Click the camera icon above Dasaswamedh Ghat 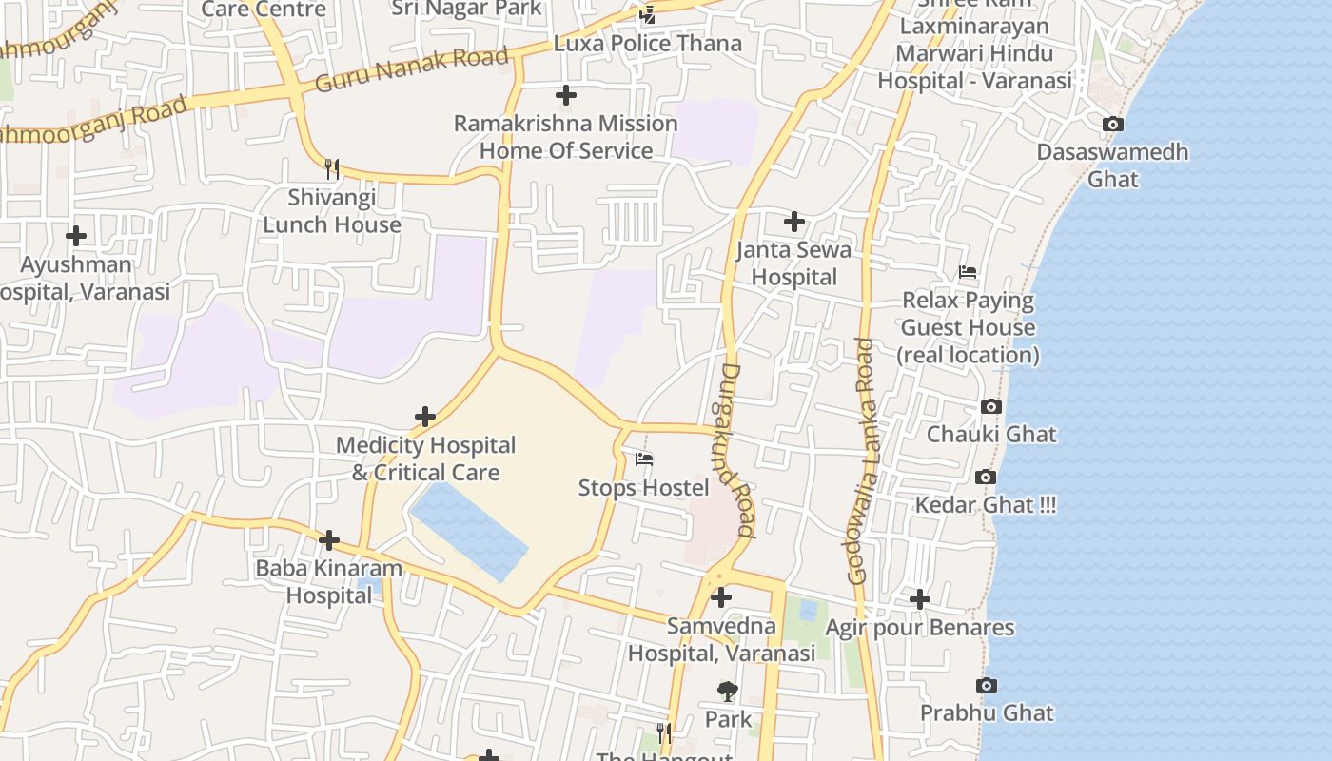[1112, 125]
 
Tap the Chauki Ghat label [991, 435]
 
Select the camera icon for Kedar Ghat [986, 478]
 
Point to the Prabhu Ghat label [987, 713]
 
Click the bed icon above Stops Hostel [644, 460]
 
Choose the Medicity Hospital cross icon [425, 417]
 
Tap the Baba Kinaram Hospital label [329, 581]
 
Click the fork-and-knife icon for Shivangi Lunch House [331, 169]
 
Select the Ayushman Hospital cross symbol [76, 236]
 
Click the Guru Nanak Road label [411, 69]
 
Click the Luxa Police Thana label [647, 44]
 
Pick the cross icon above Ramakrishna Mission [566, 95]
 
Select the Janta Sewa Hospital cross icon [794, 223]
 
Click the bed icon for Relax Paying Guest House [968, 272]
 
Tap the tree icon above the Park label [728, 692]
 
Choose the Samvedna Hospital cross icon [721, 597]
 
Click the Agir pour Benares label [919, 628]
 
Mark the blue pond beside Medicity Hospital [468, 529]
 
